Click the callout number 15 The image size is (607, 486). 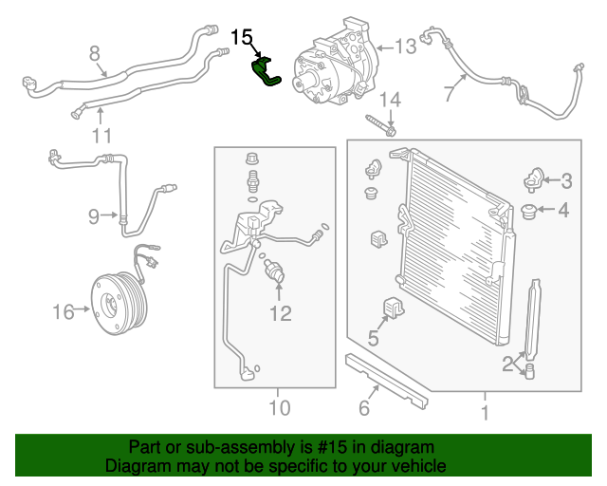[243, 37]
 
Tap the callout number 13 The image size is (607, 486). [405, 46]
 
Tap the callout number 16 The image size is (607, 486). [63, 310]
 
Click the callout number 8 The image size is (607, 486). [94, 52]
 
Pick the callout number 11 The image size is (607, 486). [102, 136]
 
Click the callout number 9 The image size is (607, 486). [94, 216]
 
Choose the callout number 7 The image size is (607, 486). [449, 92]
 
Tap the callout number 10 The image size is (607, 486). [278, 409]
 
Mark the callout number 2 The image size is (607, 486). [509, 362]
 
